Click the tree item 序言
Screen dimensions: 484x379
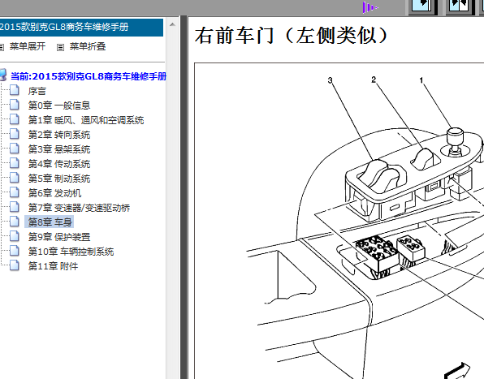[x=37, y=91]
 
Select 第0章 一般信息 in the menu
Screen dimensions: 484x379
[x=59, y=106]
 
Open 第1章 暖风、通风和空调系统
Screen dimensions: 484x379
[x=86, y=120]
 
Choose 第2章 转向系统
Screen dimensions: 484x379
[x=59, y=135]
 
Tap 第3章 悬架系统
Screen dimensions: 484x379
[x=59, y=149]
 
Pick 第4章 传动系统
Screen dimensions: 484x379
[x=59, y=164]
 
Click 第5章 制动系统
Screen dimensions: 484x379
[x=59, y=179]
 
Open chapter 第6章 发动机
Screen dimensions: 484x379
[x=54, y=193]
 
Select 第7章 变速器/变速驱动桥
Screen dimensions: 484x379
[x=79, y=208]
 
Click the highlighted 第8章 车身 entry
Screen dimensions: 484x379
[x=50, y=222]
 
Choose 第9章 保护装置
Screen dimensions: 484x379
[x=59, y=237]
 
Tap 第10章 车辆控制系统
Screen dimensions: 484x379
[x=71, y=252]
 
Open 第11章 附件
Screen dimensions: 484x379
[x=53, y=266]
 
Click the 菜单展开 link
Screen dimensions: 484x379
[x=28, y=46]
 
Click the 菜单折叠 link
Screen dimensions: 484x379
[x=88, y=46]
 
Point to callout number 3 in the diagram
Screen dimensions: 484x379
[x=330, y=80]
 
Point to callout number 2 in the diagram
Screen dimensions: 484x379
[x=374, y=80]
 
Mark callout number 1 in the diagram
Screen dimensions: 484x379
[x=421, y=80]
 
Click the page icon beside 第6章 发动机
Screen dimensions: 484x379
[x=14, y=192]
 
